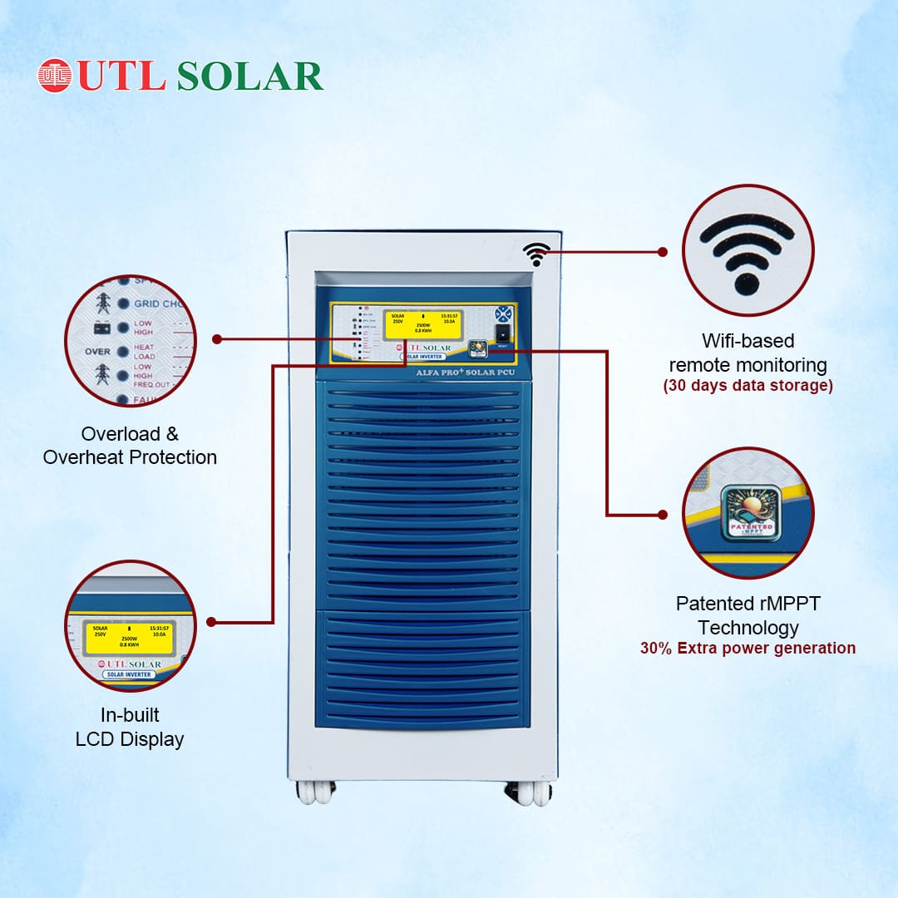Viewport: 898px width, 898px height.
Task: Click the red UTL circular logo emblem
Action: click(x=55, y=75)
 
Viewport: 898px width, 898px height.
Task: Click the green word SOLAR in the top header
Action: click(x=249, y=76)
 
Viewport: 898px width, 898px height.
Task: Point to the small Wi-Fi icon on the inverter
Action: click(x=536, y=254)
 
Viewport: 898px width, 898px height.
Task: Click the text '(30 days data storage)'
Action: click(x=748, y=386)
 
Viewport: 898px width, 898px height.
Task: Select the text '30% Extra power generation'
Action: click(x=748, y=648)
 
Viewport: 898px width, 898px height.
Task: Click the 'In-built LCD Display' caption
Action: click(x=130, y=727)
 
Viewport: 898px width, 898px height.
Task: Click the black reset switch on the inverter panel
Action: click(x=502, y=333)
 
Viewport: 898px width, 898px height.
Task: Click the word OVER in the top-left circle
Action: click(x=97, y=352)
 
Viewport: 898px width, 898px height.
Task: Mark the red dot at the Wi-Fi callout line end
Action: click(x=663, y=251)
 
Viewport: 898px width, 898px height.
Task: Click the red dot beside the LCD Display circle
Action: click(x=211, y=621)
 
